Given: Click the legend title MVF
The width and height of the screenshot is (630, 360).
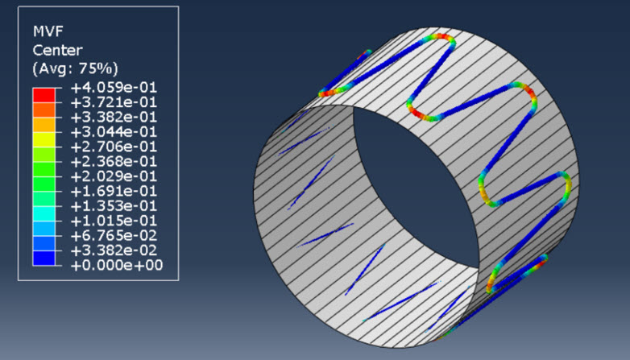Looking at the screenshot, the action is tap(48, 31).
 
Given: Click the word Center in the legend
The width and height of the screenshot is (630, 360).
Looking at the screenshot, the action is tap(57, 50).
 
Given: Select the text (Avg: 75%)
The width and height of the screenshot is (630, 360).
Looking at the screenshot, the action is tap(75, 68).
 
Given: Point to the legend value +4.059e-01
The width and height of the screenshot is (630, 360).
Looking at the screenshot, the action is tap(114, 88).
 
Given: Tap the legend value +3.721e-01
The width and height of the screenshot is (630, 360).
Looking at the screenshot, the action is tap(114, 102).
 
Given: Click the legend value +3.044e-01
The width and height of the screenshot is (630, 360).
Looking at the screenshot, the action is tap(114, 132).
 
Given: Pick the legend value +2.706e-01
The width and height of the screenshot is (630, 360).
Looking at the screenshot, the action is tap(114, 147).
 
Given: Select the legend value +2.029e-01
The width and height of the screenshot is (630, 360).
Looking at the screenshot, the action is tap(114, 176).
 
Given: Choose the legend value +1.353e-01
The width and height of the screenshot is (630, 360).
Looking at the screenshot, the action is tap(114, 206).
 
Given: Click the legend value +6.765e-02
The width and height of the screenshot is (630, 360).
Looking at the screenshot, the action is tap(114, 236).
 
